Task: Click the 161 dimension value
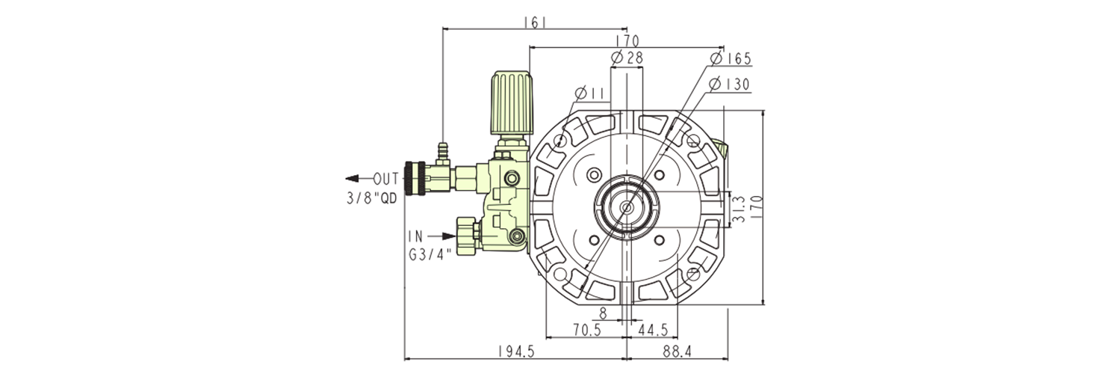(x=536, y=22)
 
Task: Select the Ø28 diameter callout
(x=627, y=58)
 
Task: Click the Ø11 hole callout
(x=589, y=93)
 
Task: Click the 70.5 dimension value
(x=586, y=329)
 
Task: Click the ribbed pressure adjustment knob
(x=512, y=102)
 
